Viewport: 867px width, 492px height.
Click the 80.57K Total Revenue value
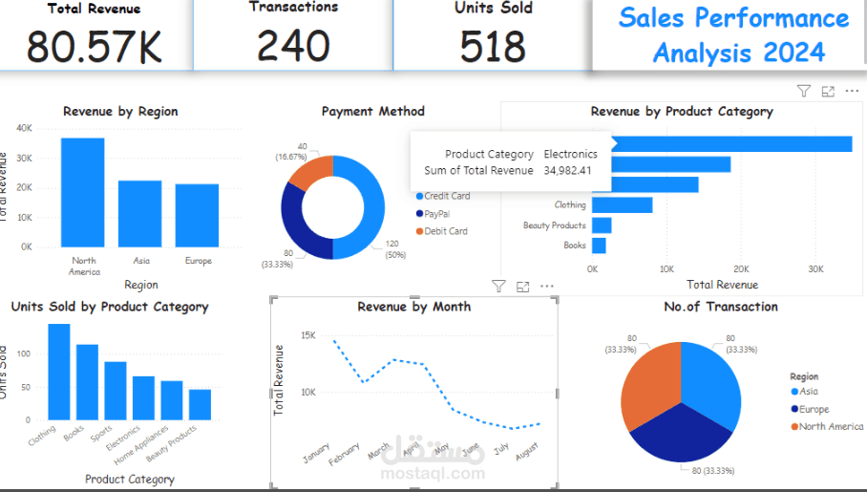(x=94, y=47)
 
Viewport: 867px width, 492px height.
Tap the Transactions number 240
(x=293, y=46)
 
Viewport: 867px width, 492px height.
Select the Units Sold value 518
(x=493, y=46)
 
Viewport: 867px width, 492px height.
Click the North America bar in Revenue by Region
(x=83, y=192)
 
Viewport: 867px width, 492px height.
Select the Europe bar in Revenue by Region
(x=197, y=215)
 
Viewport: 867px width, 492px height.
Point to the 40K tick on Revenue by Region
(x=24, y=127)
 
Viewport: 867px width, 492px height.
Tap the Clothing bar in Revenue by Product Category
(x=622, y=205)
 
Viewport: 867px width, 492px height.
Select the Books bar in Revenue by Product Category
(x=599, y=246)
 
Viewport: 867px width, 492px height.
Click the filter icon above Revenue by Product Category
(x=804, y=91)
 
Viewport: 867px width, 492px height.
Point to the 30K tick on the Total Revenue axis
(x=815, y=269)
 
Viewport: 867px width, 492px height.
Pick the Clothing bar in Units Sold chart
(x=59, y=372)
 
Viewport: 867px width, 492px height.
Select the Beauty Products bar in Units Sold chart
(x=200, y=404)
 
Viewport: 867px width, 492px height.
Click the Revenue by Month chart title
(x=413, y=307)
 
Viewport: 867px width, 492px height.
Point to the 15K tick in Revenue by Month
(x=307, y=335)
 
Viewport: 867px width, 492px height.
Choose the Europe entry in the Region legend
(x=814, y=409)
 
